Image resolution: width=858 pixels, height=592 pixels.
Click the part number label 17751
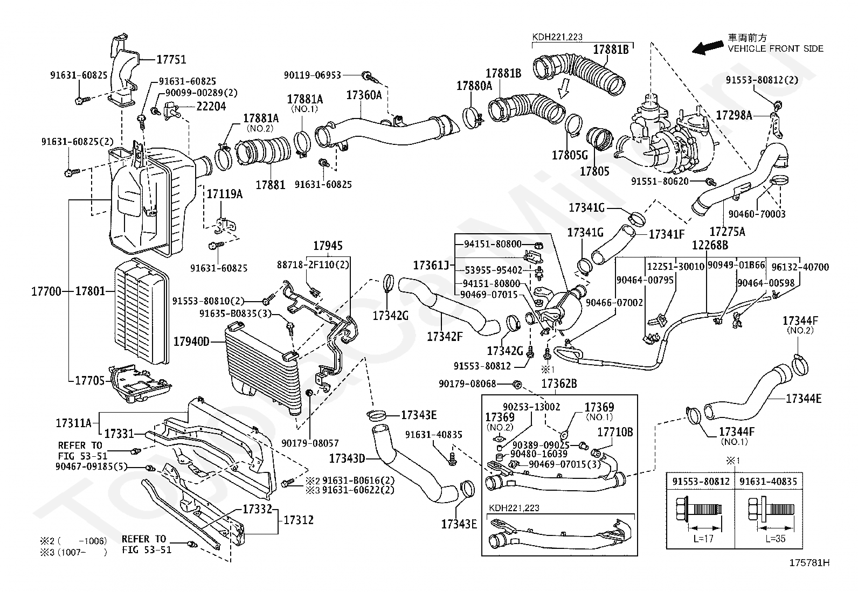[171, 60]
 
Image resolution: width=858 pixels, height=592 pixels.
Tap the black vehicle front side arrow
[709, 48]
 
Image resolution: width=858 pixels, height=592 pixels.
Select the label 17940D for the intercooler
[191, 341]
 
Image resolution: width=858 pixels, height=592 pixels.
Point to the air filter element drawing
[141, 311]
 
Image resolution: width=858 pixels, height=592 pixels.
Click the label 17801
[90, 291]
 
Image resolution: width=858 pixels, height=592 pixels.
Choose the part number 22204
[211, 106]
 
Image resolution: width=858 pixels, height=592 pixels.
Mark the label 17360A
[364, 95]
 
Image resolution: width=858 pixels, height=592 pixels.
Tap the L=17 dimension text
[704, 539]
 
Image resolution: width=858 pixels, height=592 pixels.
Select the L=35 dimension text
[775, 539]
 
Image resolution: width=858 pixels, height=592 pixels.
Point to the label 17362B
[559, 384]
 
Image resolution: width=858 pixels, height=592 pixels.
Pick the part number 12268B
[710, 245]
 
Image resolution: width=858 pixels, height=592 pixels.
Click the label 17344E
[804, 399]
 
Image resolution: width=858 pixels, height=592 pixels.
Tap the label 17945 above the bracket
[328, 246]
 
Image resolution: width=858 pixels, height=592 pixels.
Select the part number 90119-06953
[312, 75]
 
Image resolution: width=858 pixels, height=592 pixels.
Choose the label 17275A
[728, 232]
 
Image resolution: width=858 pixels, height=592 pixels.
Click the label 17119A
[224, 194]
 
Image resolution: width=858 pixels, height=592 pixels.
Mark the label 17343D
[348, 458]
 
